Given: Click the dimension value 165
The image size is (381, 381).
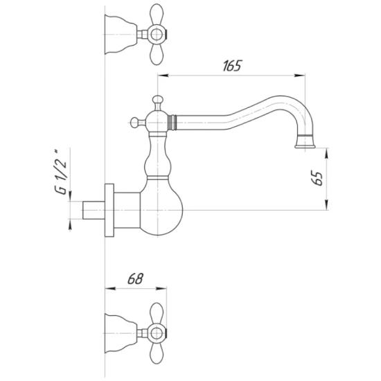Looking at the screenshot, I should coord(231,66).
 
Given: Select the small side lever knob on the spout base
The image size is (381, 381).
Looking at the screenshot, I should coord(134,123).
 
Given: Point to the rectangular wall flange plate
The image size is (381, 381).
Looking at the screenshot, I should coord(109,211).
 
